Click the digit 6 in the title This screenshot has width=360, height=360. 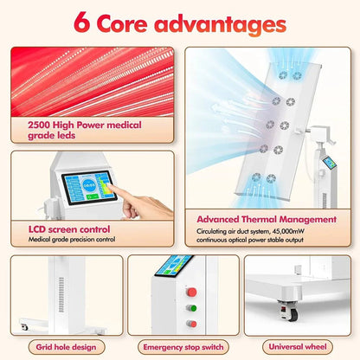pos(81,22)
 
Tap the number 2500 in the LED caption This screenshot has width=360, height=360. pos(39,125)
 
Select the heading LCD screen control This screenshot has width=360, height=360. pos(69,229)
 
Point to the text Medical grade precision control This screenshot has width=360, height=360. pos(72,239)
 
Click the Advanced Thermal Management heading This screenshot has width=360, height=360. pos(267,220)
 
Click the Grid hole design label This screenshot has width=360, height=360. pos(66,347)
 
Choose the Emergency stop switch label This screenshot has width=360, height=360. pos(183,347)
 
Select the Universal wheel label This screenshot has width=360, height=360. pos(298,346)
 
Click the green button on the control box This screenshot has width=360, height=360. pos(192,308)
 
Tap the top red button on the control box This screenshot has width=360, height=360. pos(191,292)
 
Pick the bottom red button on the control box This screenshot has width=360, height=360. pos(192,324)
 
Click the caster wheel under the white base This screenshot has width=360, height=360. pos(289,312)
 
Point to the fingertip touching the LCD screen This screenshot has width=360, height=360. pos(110,187)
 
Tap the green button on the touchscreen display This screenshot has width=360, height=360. pos(93,196)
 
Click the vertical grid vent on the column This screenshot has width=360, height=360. pos(61,295)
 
